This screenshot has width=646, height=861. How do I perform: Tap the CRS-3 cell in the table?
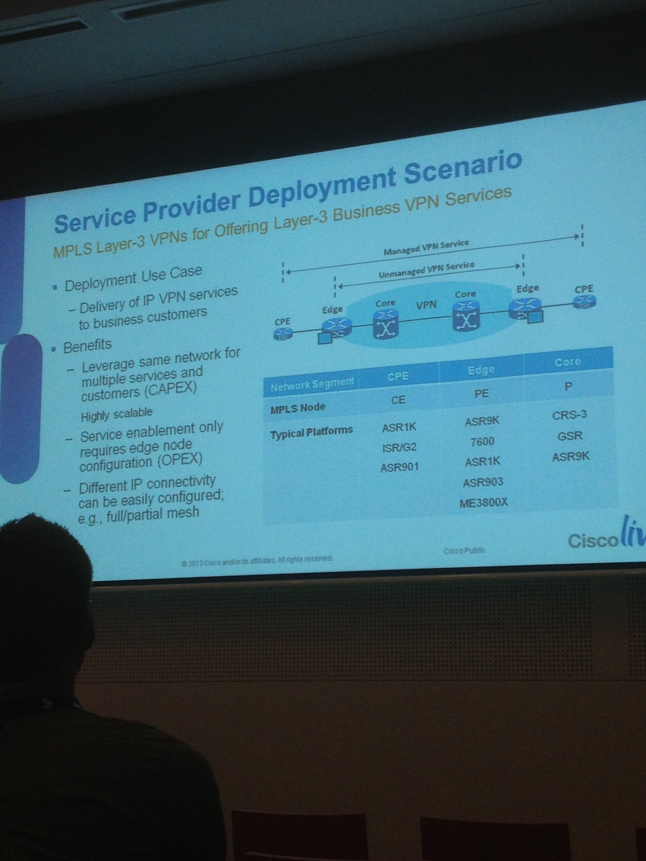click(569, 415)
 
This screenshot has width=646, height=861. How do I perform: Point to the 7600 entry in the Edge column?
click(482, 441)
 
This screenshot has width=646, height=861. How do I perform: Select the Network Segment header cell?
click(312, 385)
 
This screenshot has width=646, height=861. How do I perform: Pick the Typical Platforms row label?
click(311, 432)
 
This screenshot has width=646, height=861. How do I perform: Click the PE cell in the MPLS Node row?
click(481, 394)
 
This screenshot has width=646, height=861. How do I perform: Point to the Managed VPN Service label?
click(426, 247)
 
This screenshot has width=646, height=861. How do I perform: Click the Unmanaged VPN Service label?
click(426, 269)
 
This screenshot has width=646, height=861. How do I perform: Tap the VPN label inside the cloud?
click(426, 305)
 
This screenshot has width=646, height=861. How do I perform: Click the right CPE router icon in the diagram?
click(584, 302)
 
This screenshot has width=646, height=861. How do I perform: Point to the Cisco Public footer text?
click(464, 550)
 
